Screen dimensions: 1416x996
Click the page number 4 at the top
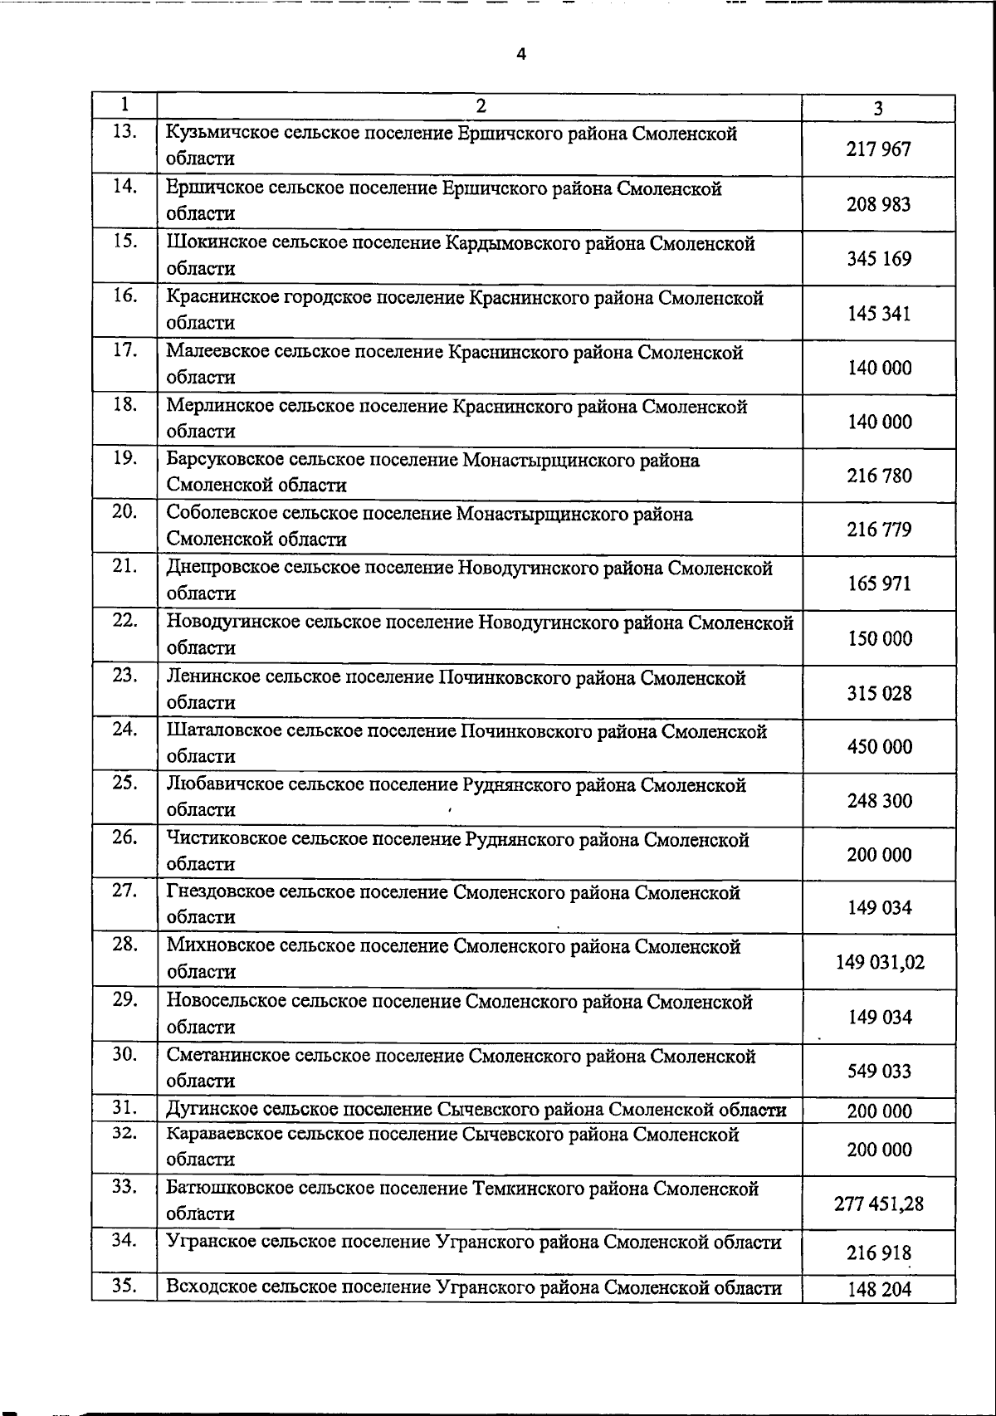521,55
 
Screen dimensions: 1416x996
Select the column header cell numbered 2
480,105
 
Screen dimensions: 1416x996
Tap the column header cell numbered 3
878,108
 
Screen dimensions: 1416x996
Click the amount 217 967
879,149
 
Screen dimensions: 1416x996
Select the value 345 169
879,259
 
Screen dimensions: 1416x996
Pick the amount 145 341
879,314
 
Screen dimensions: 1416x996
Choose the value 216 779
879,530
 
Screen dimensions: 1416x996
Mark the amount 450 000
879,747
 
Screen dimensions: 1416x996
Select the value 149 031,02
880,963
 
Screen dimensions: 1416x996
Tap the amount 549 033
879,1072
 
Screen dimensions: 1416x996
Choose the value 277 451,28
879,1204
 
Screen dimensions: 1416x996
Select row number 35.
124,1286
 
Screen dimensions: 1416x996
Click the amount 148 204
879,1290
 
